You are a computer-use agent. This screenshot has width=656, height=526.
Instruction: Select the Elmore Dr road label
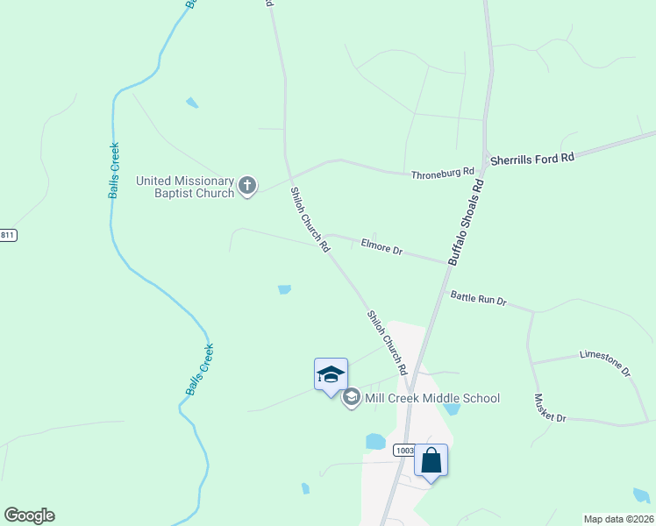[381, 249]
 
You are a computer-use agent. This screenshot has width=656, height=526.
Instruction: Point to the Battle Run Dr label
[478, 299]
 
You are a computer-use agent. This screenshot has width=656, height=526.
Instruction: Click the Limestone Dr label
[605, 362]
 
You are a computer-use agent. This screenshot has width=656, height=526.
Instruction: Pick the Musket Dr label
[550, 408]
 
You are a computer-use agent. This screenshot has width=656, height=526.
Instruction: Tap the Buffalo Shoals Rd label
[466, 224]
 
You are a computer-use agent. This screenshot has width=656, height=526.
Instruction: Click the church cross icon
[247, 185]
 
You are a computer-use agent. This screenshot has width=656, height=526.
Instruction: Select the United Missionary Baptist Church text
[185, 187]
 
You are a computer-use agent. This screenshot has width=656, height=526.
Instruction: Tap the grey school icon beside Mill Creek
[351, 398]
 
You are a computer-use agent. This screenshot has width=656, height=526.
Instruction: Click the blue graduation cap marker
[332, 374]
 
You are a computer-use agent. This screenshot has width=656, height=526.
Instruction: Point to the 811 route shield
[8, 235]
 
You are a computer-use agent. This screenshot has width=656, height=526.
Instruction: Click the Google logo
[29, 515]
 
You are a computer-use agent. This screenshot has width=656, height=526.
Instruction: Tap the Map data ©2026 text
[618, 518]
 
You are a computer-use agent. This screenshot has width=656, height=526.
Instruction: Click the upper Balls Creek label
[114, 169]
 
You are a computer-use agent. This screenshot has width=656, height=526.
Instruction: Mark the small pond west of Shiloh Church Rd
[283, 289]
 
